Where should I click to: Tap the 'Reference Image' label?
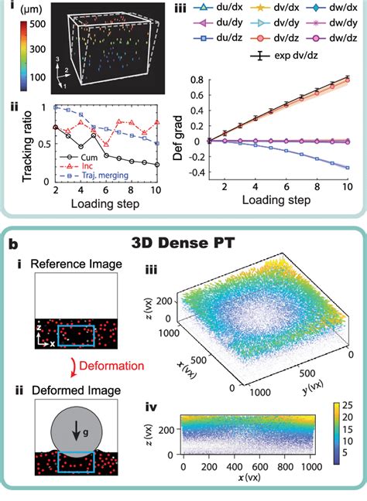pyautogui.click(x=70, y=264)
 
